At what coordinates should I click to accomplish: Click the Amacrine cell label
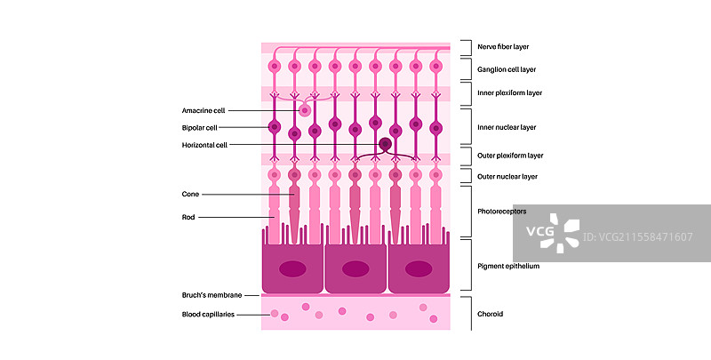204,110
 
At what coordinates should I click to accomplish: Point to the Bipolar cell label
199,128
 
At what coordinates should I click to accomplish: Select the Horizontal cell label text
204,145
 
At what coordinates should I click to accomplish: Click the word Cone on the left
190,194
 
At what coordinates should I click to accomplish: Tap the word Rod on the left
188,216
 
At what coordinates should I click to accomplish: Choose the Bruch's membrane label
209,294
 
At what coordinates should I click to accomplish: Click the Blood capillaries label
208,314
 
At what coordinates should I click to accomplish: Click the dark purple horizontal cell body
386,144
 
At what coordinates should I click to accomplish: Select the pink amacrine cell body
305,110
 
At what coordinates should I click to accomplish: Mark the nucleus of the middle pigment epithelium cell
355,268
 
